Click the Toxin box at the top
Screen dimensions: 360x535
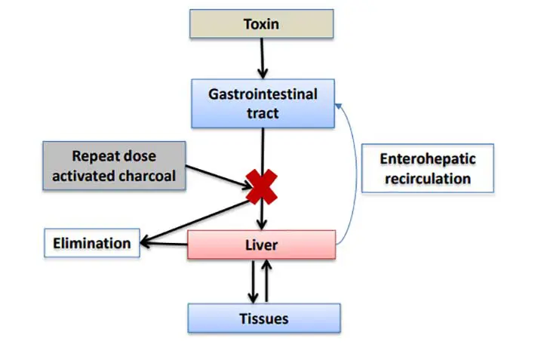point(261,23)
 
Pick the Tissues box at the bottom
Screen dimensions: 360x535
point(263,318)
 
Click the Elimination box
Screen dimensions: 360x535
point(91,243)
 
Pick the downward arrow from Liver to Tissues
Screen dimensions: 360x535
point(253,281)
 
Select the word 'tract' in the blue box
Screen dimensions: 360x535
point(262,113)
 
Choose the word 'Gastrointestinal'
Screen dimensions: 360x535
point(262,95)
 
